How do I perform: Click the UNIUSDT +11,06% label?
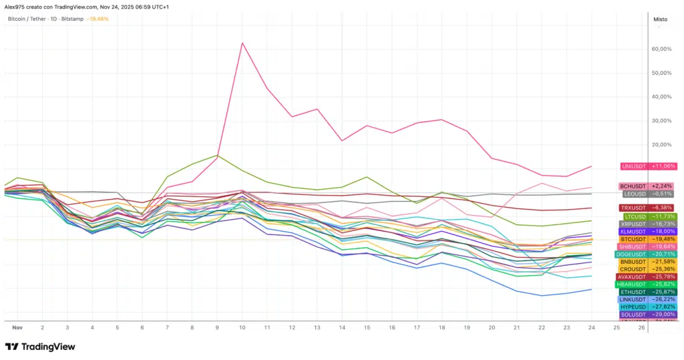[x=649, y=166]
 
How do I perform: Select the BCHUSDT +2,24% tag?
[x=648, y=186]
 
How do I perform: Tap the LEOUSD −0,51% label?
[x=648, y=194]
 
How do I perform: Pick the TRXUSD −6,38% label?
[x=648, y=208]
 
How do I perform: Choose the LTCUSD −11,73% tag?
[x=649, y=216]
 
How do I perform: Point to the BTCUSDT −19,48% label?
[x=648, y=239]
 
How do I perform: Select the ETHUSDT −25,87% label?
[x=648, y=292]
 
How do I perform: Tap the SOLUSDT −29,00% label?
[x=648, y=315]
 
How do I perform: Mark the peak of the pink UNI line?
[x=242, y=43]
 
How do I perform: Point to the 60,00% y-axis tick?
[x=661, y=49]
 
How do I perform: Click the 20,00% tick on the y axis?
[x=661, y=145]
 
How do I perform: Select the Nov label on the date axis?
[x=18, y=328]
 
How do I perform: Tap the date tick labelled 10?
[x=242, y=328]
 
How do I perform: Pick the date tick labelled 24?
[x=590, y=328]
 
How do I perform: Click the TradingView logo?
[x=40, y=347]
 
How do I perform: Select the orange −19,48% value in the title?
[x=98, y=19]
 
